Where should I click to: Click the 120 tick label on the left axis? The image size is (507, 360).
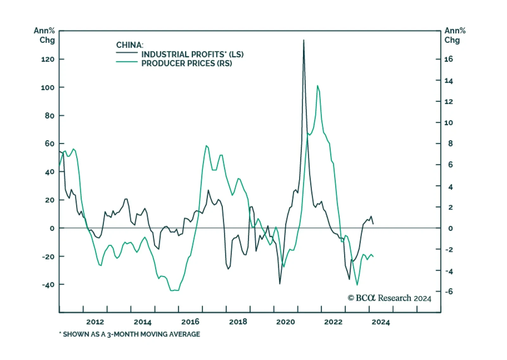click(x=48, y=59)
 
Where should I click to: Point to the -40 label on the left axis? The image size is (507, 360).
click(x=48, y=285)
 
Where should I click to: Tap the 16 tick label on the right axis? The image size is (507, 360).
click(x=448, y=59)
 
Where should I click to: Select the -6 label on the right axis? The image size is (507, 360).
click(x=449, y=291)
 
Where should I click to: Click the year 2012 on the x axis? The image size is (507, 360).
click(x=95, y=322)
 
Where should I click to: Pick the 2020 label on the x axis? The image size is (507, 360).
click(x=286, y=322)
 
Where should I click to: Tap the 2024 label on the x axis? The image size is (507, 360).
click(x=381, y=322)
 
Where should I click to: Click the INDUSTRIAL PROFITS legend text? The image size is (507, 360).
click(x=192, y=54)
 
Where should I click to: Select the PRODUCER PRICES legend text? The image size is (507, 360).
click(x=186, y=63)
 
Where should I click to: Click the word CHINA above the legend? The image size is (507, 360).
click(x=130, y=45)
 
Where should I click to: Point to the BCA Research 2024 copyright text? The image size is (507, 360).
click(x=389, y=298)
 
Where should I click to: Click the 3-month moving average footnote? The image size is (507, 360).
click(x=130, y=334)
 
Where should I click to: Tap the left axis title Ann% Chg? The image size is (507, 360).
click(x=45, y=35)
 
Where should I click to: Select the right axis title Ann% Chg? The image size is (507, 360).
click(x=455, y=35)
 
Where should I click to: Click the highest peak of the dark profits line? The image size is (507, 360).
click(x=304, y=40)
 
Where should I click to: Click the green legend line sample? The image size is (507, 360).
click(x=127, y=62)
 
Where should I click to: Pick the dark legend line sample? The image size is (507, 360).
click(x=127, y=52)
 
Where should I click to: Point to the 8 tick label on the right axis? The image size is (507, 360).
click(x=450, y=144)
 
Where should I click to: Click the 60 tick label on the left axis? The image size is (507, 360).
click(x=49, y=144)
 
